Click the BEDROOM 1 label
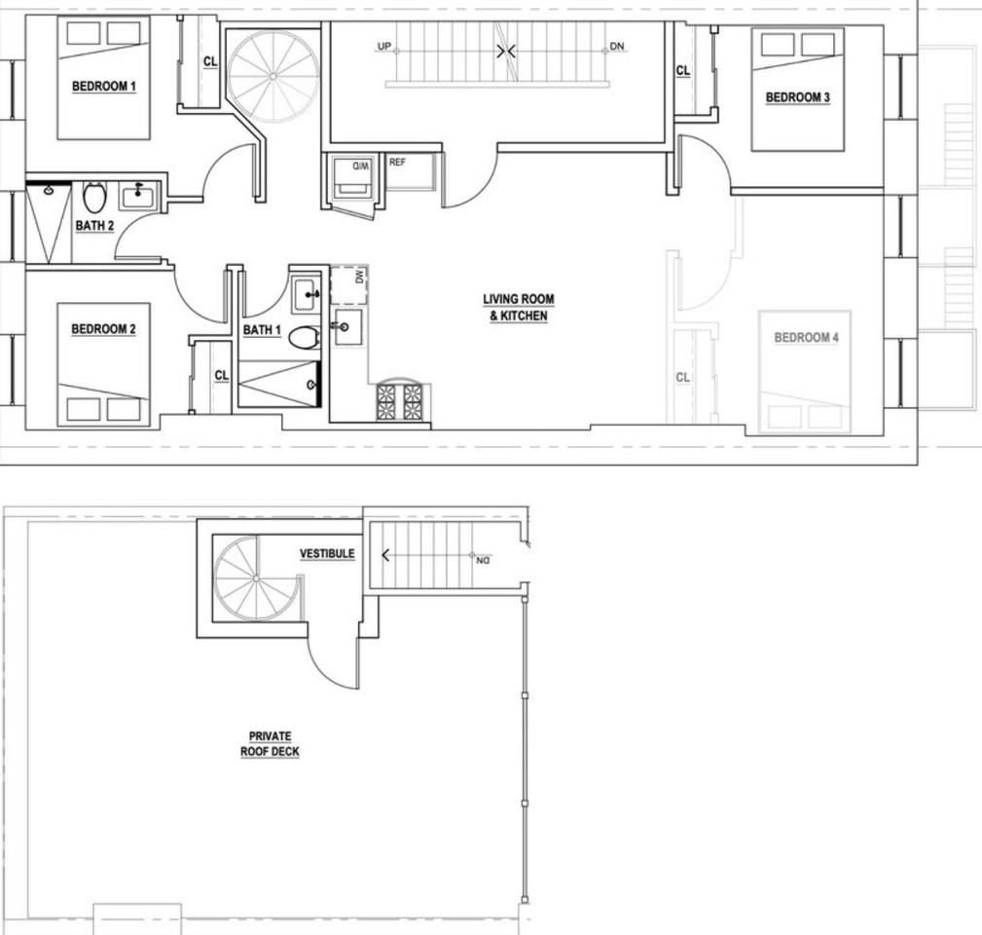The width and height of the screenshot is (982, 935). coord(104,87)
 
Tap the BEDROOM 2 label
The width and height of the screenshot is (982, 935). coord(103,329)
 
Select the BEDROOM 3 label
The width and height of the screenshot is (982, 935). coord(797,97)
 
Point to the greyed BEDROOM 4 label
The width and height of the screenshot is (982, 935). coord(806,338)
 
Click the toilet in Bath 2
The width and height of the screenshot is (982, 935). coord(94,198)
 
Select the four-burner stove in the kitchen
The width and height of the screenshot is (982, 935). coord(400,400)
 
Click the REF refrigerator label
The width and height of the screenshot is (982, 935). coord(397,163)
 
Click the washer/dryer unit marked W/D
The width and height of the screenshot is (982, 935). coord(351,181)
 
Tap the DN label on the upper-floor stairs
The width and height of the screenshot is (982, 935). coord(617,47)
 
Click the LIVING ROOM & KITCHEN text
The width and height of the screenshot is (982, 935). coord(518,308)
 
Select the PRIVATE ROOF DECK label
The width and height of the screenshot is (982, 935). coord(270,744)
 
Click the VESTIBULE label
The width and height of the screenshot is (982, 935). coord(326,554)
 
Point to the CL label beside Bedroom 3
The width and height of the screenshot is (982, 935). coord(683,70)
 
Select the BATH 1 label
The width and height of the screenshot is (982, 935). coord(262,330)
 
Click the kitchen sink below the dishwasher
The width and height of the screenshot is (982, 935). coord(346,327)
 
